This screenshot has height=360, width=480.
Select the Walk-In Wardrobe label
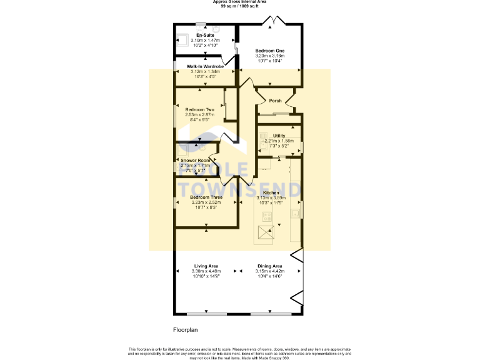point(205,66)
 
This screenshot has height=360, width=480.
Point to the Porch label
point(275,101)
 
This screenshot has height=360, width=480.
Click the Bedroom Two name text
point(199,109)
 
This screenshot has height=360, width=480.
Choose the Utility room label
point(279,136)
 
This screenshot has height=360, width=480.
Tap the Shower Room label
point(196,160)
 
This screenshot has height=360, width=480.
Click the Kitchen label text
point(271,193)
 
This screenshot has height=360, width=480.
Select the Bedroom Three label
point(206,197)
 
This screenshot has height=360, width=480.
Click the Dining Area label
point(269,266)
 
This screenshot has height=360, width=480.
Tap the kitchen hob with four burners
point(267,217)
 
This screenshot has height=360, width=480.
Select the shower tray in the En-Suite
point(182,36)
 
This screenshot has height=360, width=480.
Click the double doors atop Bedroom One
point(272,21)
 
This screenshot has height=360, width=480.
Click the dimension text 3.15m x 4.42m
point(269,271)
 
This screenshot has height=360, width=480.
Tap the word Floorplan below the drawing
point(185,329)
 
